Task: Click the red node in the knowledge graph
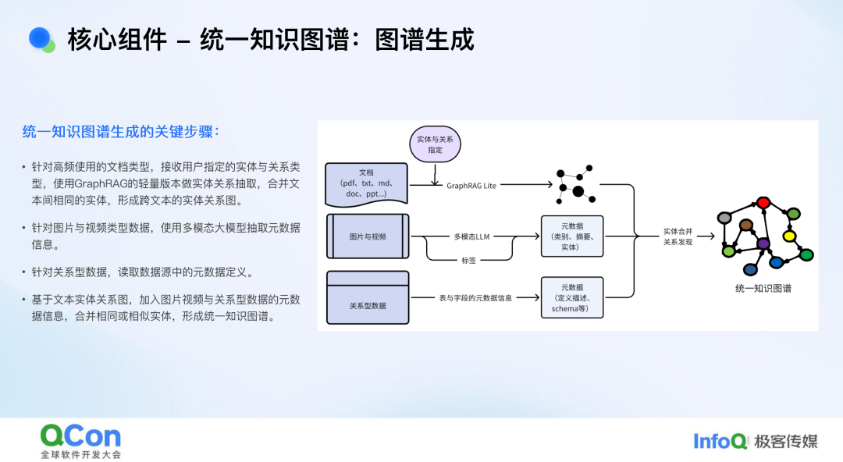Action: click(x=763, y=203)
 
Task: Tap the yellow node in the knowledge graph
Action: click(x=789, y=236)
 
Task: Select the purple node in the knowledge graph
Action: click(x=763, y=244)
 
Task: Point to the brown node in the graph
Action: click(x=746, y=226)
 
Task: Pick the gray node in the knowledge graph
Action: click(x=724, y=217)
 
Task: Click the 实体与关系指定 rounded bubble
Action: click(x=435, y=144)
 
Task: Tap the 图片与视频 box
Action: click(x=368, y=236)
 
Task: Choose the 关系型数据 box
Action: click(x=368, y=297)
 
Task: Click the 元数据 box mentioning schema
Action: click(x=571, y=297)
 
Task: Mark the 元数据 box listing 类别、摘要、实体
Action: click(x=571, y=236)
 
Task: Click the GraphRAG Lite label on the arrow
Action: click(x=471, y=186)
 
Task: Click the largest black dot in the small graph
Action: click(x=578, y=191)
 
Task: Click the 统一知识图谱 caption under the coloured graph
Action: click(x=763, y=288)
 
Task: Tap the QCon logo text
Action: click(x=80, y=435)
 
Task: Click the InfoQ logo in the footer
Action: click(x=720, y=441)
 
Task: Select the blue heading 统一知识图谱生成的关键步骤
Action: click(x=121, y=132)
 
